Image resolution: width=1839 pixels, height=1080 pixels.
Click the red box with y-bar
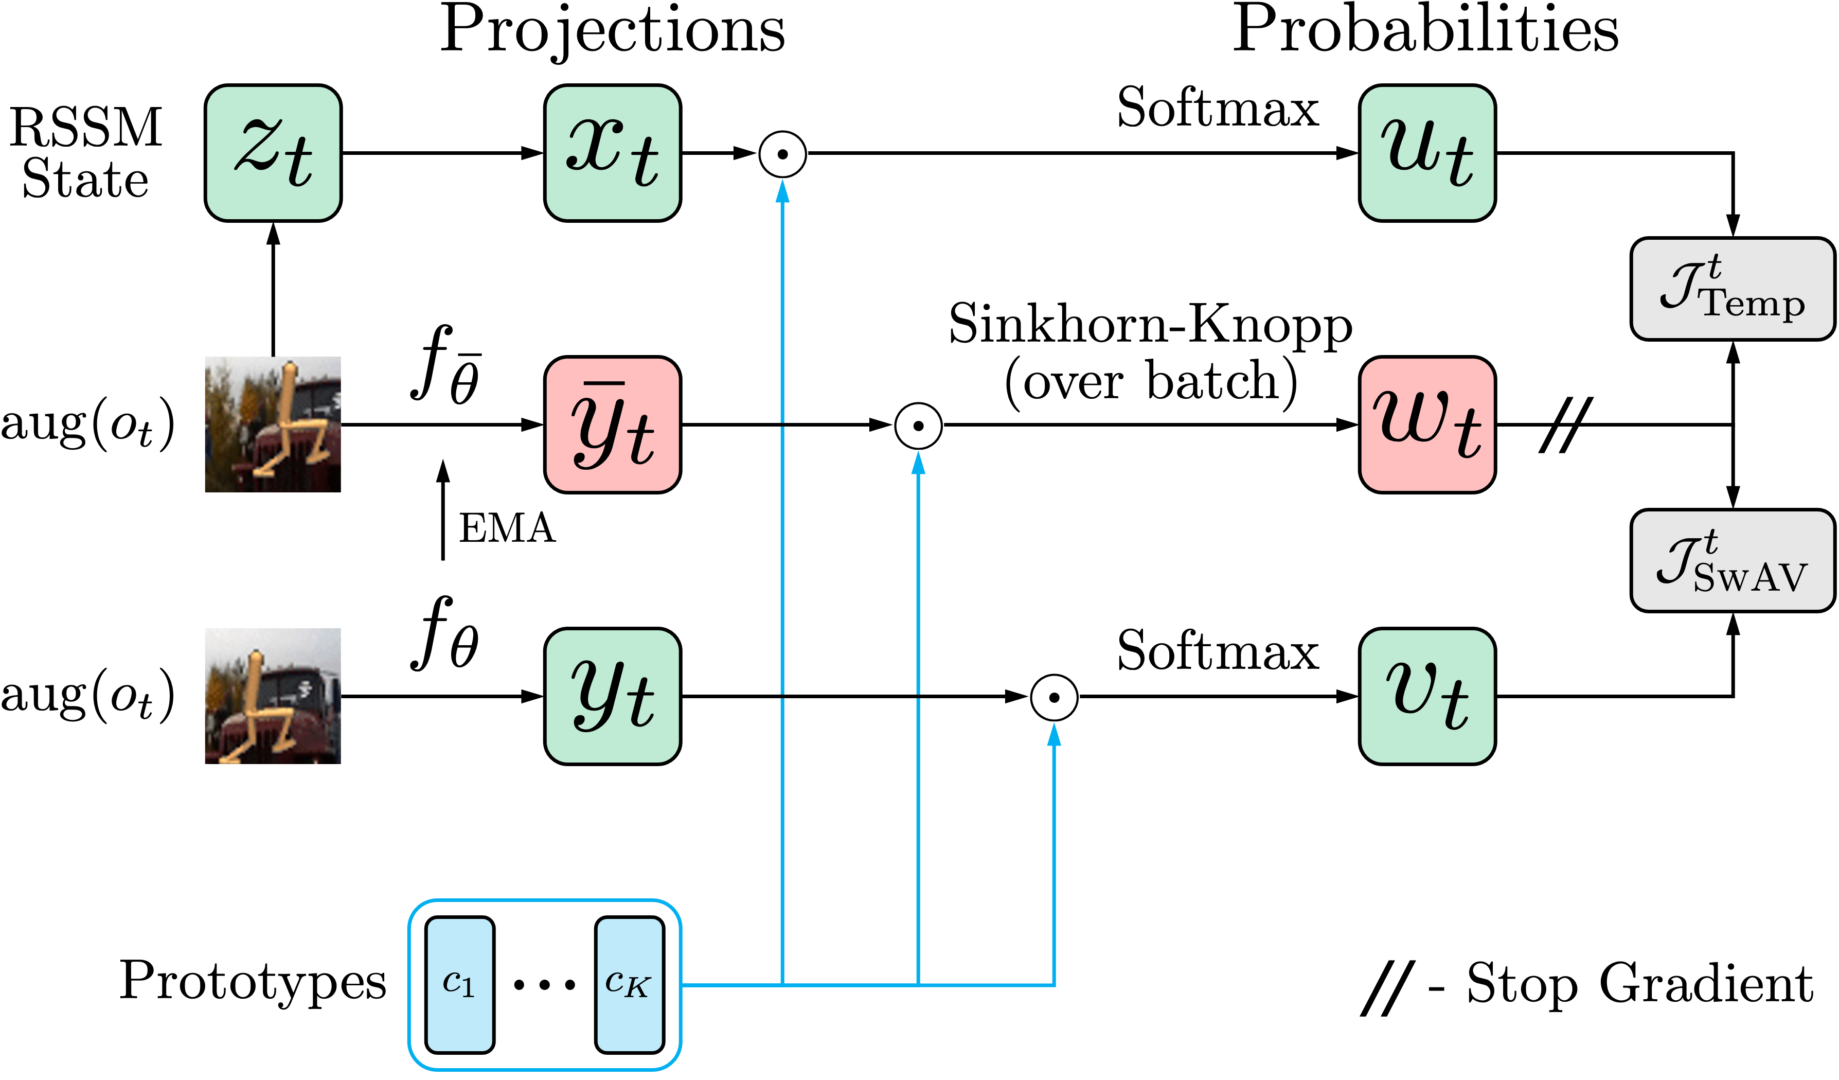click(x=612, y=424)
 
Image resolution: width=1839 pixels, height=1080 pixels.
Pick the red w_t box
click(x=1426, y=424)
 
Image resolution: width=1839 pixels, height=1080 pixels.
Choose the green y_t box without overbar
click(x=612, y=696)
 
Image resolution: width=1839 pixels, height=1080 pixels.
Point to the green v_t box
click(x=1426, y=696)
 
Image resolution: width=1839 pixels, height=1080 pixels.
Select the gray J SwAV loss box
click(x=1731, y=560)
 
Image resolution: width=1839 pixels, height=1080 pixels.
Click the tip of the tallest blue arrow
click(x=782, y=183)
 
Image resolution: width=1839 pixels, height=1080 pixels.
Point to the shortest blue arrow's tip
click(x=1054, y=726)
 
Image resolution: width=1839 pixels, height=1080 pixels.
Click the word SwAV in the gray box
click(x=1749, y=578)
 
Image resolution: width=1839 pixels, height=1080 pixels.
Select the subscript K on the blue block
click(x=637, y=989)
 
